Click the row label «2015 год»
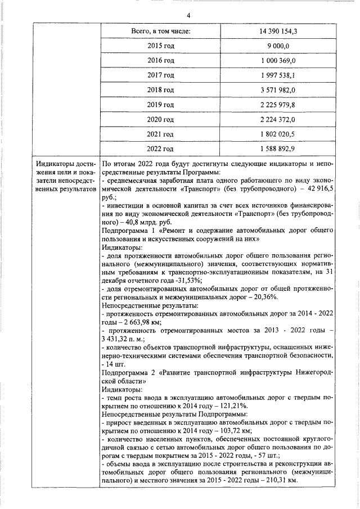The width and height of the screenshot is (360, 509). click(x=160, y=46)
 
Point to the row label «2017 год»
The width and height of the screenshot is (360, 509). click(x=160, y=75)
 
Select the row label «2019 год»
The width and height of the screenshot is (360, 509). click(x=160, y=105)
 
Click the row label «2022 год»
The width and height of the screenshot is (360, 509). click(x=160, y=148)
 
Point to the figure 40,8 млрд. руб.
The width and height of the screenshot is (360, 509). click(x=152, y=222)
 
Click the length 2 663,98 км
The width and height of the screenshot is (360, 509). click(x=141, y=322)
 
